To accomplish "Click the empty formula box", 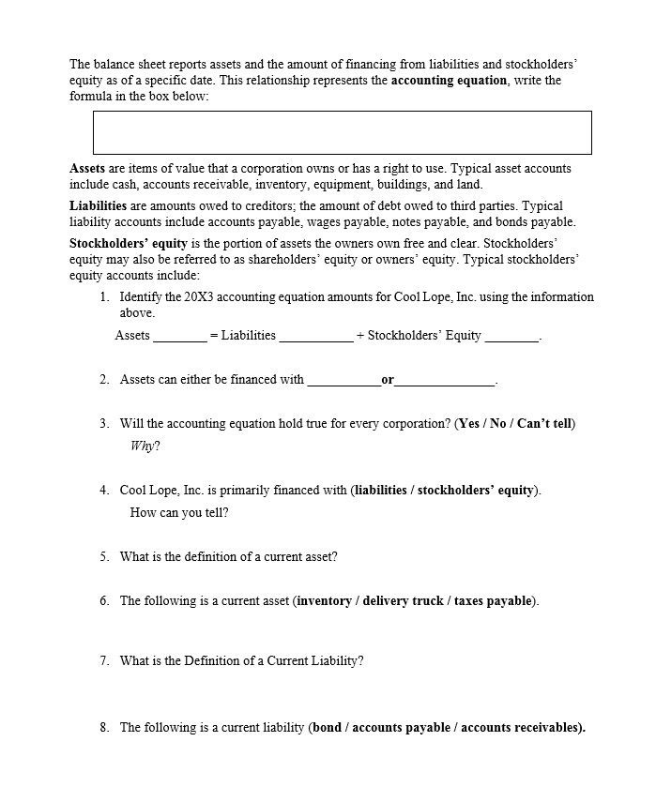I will tap(342, 132).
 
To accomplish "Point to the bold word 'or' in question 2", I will tap(388, 380).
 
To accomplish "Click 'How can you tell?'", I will tap(179, 513).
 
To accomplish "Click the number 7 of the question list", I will tap(104, 661).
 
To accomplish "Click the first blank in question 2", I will tap(343, 382).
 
